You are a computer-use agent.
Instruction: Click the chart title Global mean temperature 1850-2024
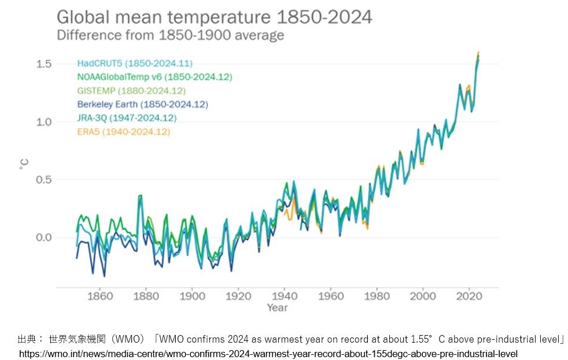pyautogui.click(x=214, y=16)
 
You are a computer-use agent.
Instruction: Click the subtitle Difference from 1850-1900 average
pyautogui.click(x=170, y=35)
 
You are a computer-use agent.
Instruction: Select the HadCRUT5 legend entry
pyautogui.click(x=135, y=63)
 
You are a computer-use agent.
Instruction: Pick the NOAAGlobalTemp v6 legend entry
pyautogui.click(x=154, y=77)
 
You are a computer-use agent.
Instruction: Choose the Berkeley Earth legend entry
pyautogui.click(x=142, y=104)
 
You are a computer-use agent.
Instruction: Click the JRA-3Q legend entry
pyautogui.click(x=127, y=118)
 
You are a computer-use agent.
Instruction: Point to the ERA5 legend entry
pyautogui.click(x=123, y=132)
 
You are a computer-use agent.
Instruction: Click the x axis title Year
pyautogui.click(x=277, y=308)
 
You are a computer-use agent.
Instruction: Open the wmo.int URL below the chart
pyautogui.click(x=268, y=353)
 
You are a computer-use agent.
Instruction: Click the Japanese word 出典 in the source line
pyautogui.click(x=27, y=339)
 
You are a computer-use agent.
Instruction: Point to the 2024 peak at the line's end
pyautogui.click(x=478, y=53)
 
